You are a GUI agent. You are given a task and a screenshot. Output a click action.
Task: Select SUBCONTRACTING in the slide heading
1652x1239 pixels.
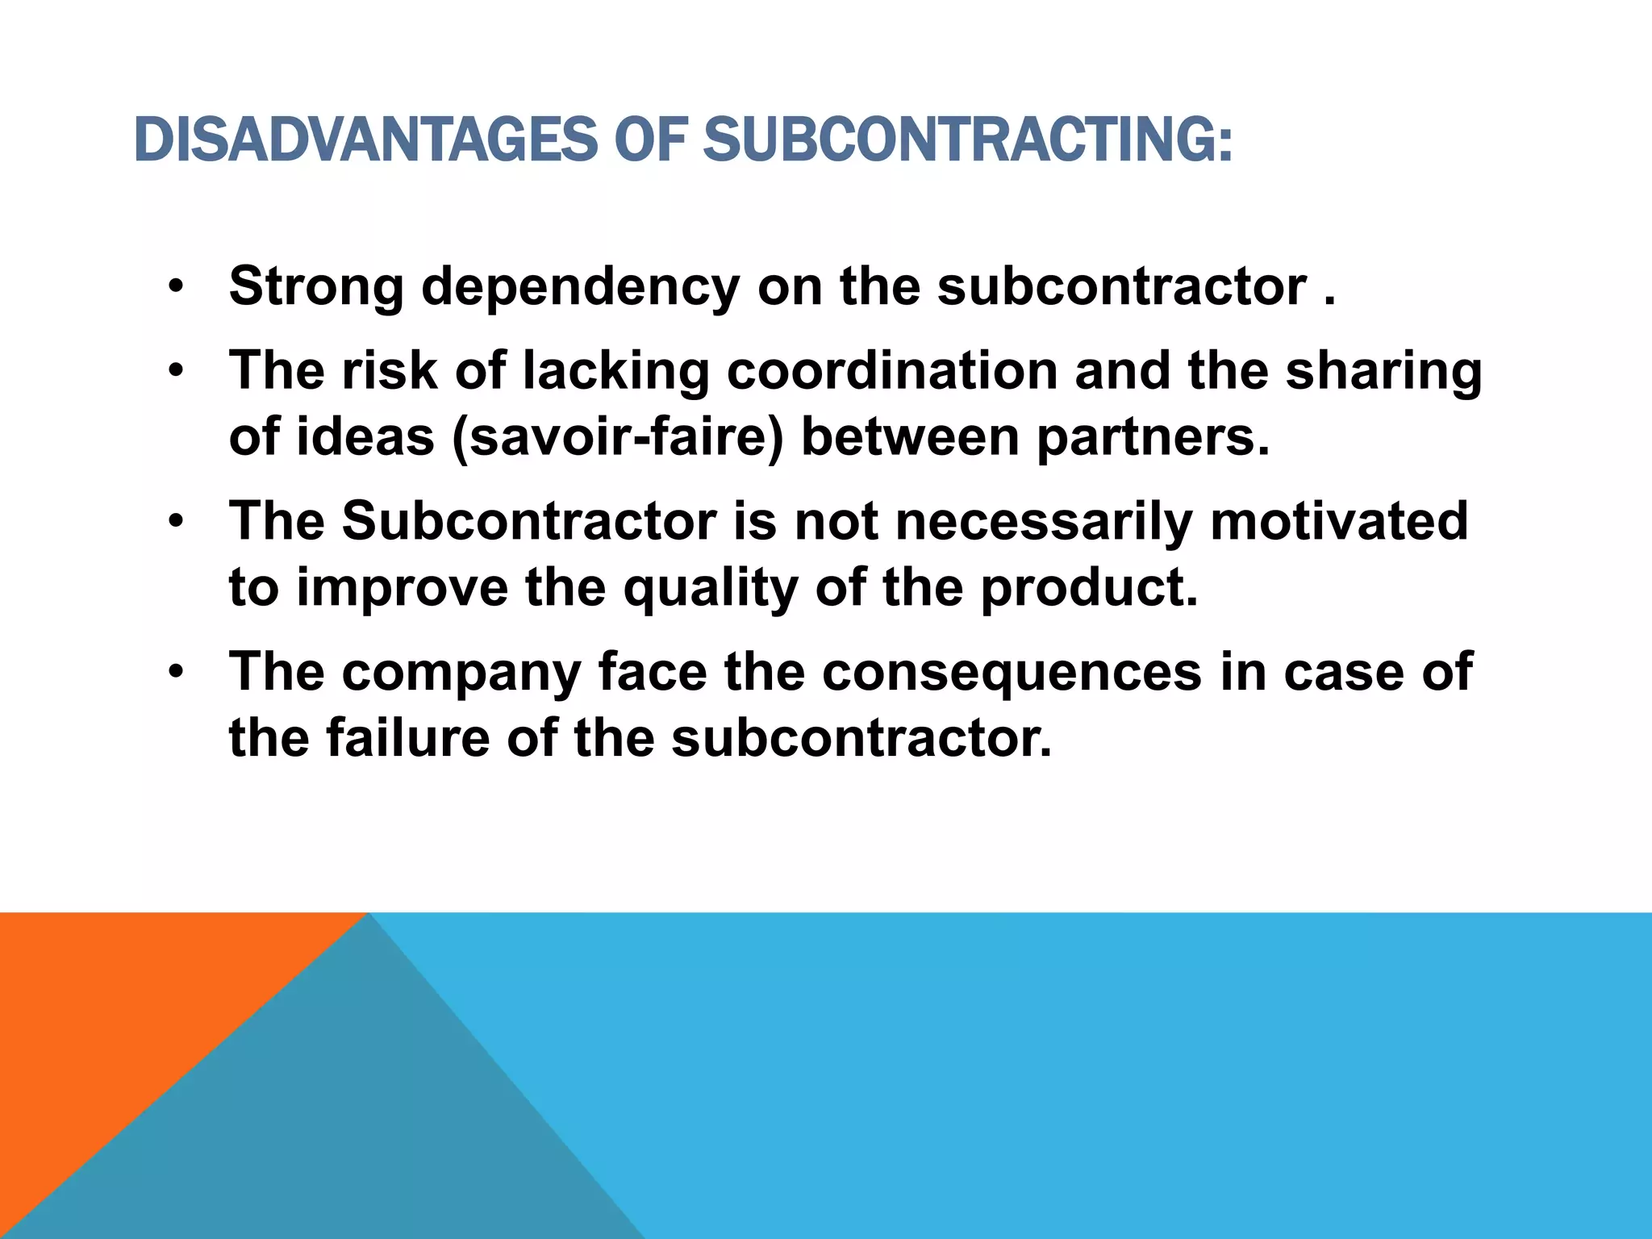point(967,140)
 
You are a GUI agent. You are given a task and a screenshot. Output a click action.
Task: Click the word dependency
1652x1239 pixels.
point(580,287)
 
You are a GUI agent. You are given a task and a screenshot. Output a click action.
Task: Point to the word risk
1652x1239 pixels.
point(390,370)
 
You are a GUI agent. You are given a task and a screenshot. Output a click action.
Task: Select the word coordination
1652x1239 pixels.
point(892,370)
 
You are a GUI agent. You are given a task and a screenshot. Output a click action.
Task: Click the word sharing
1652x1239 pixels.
point(1383,372)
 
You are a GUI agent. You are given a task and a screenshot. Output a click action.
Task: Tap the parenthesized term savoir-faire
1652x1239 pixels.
point(618,437)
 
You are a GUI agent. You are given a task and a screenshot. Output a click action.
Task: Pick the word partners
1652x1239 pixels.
point(1153,437)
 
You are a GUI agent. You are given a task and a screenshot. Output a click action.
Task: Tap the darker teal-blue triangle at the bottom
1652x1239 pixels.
point(339,1129)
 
